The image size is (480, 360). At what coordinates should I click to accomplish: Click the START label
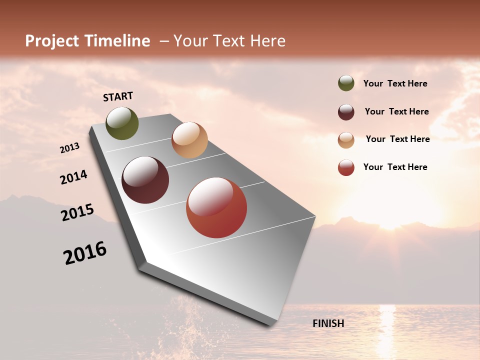(118, 96)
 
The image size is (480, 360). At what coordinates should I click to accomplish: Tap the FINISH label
(328, 323)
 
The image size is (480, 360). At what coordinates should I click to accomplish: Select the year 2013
(70, 148)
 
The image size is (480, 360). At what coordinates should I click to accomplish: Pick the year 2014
(74, 177)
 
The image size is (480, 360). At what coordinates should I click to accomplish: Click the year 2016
(85, 253)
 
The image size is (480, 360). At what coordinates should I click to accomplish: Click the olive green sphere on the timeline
(122, 123)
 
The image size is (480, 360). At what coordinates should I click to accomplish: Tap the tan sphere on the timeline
(189, 140)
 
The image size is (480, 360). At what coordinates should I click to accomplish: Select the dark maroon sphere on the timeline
(145, 180)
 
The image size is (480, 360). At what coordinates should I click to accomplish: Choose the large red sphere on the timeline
(216, 207)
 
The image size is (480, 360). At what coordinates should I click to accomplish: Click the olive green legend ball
(346, 83)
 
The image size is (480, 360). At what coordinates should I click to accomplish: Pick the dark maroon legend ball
(346, 111)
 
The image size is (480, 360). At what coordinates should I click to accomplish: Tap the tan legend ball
(346, 139)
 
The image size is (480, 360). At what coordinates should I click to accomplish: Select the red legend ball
(346, 167)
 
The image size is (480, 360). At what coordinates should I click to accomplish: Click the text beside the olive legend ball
(395, 83)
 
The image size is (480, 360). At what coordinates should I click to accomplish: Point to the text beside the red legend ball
(395, 167)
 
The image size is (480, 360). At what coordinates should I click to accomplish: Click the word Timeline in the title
(118, 41)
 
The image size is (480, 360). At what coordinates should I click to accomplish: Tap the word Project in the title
(52, 41)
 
